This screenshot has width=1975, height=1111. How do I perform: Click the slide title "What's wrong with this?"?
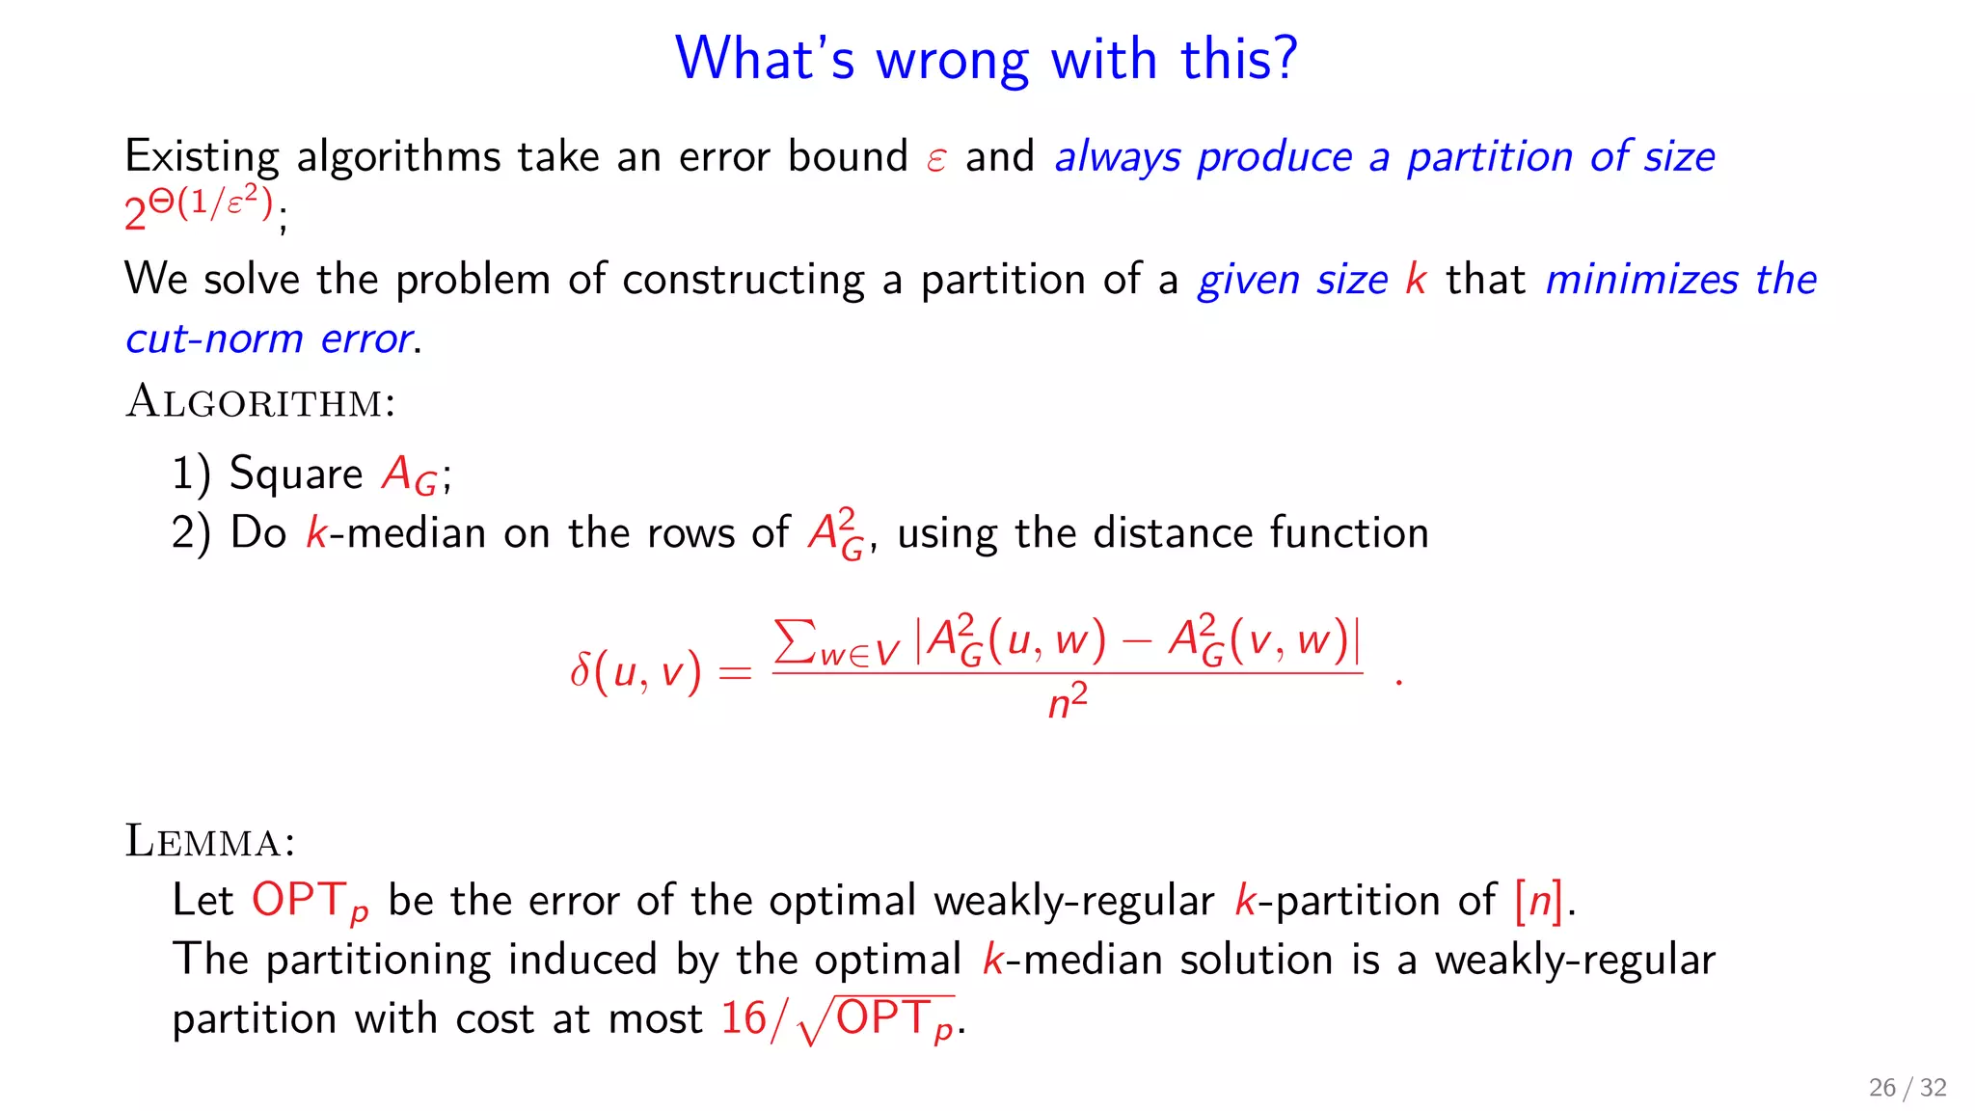(986, 60)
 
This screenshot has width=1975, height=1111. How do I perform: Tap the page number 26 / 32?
(1907, 1088)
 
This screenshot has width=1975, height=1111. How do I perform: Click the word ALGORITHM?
(260, 402)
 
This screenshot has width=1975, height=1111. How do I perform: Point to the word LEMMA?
(209, 842)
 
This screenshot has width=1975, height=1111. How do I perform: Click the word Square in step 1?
(296, 474)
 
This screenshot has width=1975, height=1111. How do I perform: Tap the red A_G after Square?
(410, 475)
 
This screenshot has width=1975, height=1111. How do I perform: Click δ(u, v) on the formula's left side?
(635, 671)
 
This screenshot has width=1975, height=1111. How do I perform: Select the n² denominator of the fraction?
(1068, 702)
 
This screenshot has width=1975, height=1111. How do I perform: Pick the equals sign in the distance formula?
(735, 673)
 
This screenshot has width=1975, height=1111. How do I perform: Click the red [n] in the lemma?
(1539, 901)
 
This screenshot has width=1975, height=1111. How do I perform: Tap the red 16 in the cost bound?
(744, 1018)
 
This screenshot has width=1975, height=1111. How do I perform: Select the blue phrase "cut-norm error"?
(270, 339)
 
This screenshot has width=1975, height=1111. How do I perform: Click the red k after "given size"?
(1415, 280)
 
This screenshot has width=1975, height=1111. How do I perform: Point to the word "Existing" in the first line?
(202, 157)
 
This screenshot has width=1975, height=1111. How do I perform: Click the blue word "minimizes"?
(1641, 280)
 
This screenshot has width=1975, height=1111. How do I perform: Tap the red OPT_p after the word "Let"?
(310, 902)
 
